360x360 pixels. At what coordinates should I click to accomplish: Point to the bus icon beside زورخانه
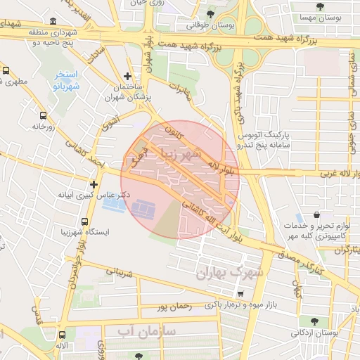(44, 115)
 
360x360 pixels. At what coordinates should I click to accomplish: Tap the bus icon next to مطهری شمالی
(6, 71)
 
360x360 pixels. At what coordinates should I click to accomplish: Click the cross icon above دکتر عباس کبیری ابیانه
(94, 184)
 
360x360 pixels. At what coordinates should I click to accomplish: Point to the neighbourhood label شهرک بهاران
(229, 271)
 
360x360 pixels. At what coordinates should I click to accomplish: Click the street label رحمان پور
(174, 307)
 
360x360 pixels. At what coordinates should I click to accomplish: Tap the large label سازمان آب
(145, 329)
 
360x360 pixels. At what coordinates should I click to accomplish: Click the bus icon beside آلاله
(64, 336)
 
